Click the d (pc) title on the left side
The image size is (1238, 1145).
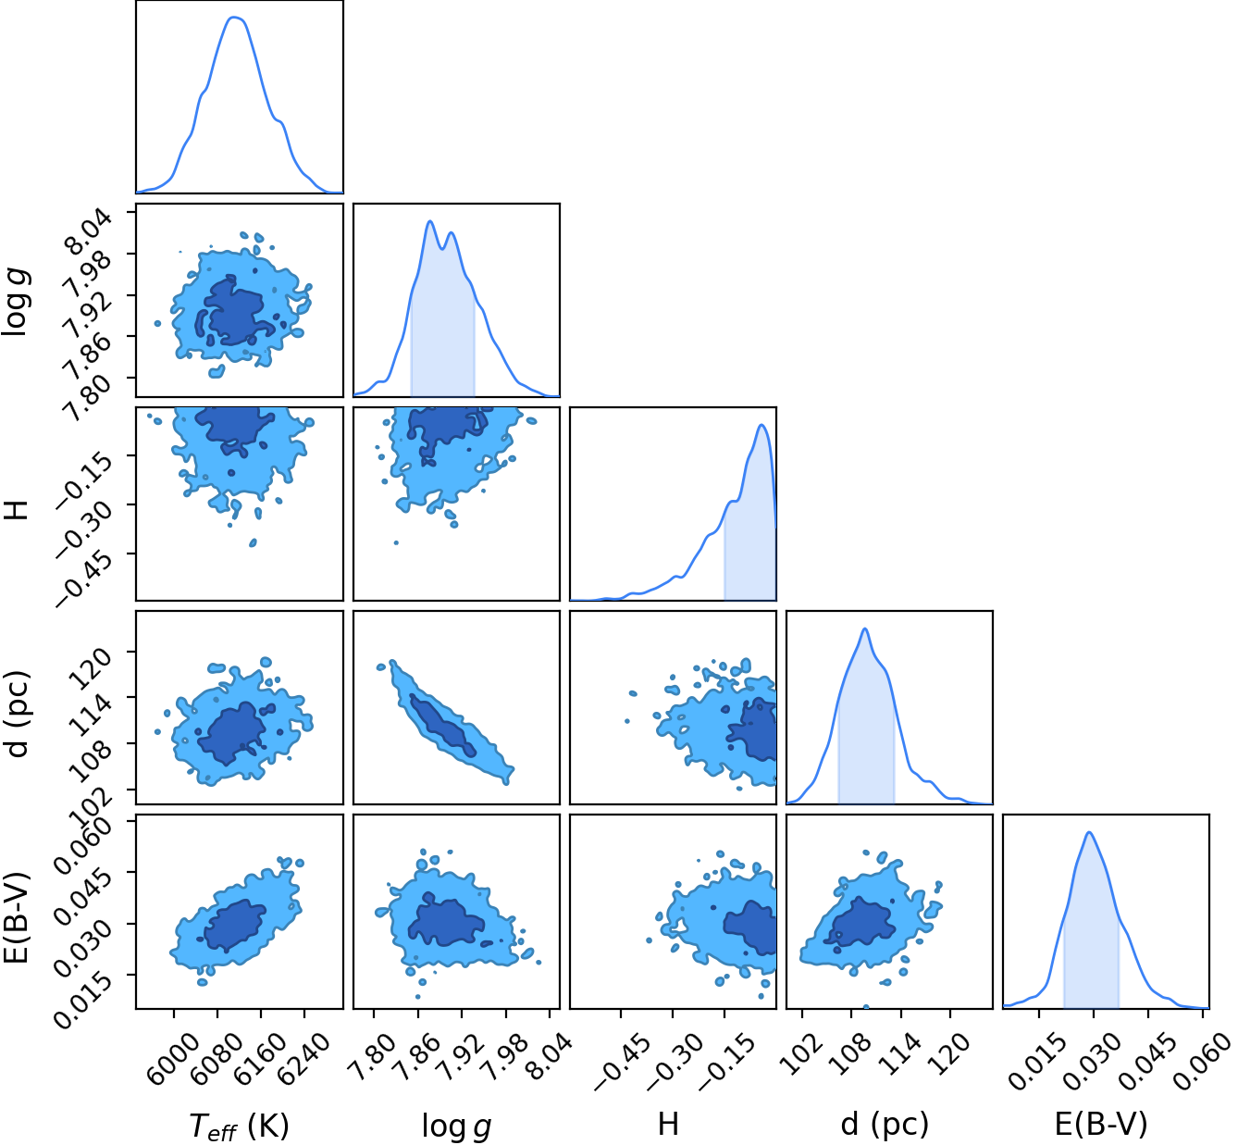coord(17,715)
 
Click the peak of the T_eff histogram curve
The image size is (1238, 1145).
coord(234,17)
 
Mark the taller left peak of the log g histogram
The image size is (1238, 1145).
coord(429,221)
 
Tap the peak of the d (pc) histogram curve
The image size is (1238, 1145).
coord(865,629)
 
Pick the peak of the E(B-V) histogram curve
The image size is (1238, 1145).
coord(1089,832)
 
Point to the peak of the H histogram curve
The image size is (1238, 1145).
coord(761,425)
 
